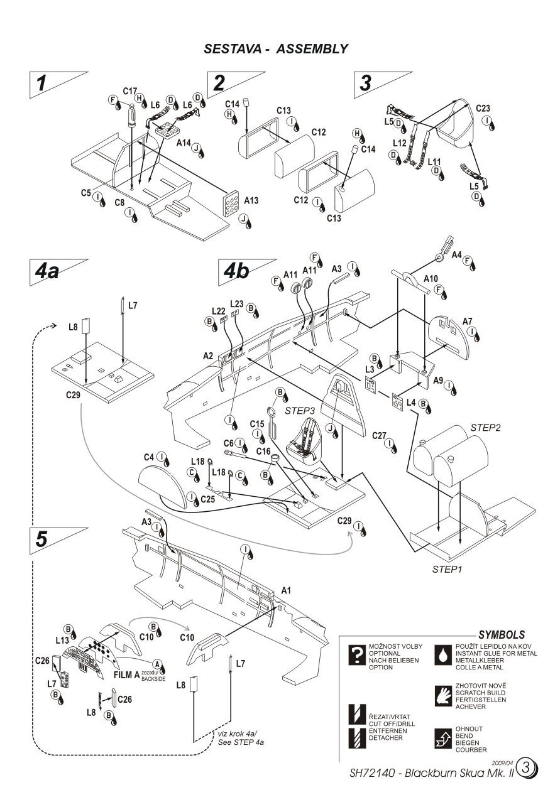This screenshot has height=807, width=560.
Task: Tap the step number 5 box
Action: pyautogui.click(x=41, y=539)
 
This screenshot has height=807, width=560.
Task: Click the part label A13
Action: pyautogui.click(x=251, y=202)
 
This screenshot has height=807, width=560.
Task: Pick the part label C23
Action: pyautogui.click(x=483, y=107)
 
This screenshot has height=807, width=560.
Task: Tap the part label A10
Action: pyautogui.click(x=432, y=278)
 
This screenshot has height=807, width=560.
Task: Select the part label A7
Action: pyautogui.click(x=468, y=322)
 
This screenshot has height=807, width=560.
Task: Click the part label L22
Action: pyautogui.click(x=218, y=310)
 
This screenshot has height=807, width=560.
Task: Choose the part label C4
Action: pyautogui.click(x=149, y=456)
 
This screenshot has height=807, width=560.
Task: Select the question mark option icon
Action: pyautogui.click(x=357, y=655)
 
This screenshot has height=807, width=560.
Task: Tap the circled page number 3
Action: pyautogui.click(x=528, y=768)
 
